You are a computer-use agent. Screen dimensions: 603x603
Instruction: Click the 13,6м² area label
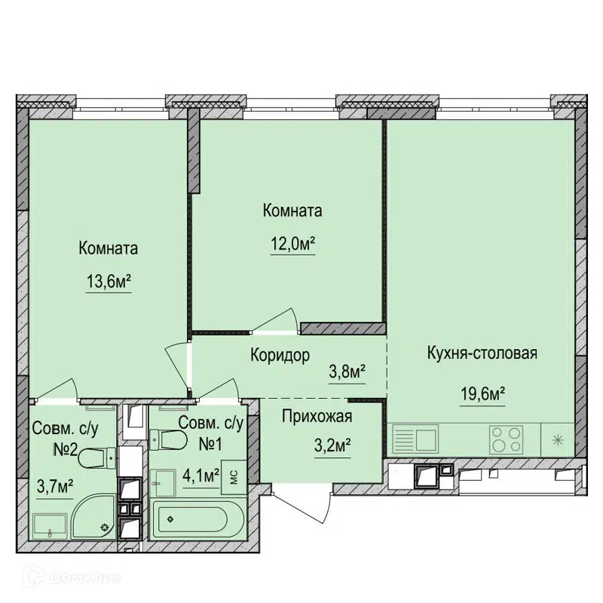(x=109, y=282)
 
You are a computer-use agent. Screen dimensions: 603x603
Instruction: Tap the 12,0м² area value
(x=293, y=244)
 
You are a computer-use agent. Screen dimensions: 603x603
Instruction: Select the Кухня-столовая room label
(x=482, y=353)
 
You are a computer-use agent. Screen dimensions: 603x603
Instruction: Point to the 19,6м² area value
(x=483, y=394)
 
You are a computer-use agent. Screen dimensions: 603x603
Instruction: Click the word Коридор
(x=280, y=355)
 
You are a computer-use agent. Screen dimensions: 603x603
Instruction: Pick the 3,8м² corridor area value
(x=347, y=372)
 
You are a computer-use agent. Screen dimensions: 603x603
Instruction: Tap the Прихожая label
(x=317, y=417)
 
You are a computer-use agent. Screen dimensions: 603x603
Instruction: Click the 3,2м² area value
(x=332, y=446)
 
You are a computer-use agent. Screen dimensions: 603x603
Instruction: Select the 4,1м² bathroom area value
(x=201, y=476)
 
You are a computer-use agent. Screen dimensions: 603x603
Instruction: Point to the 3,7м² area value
(x=55, y=487)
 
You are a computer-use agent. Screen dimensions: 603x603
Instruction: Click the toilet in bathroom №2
(x=97, y=458)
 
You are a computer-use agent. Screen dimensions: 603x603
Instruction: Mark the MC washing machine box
(x=234, y=477)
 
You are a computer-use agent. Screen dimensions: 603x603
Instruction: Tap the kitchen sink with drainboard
(x=416, y=440)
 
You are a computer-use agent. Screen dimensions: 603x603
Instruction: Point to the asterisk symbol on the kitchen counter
(x=558, y=440)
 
